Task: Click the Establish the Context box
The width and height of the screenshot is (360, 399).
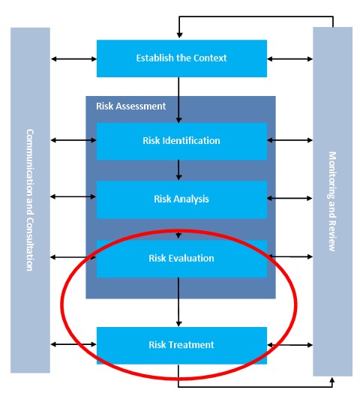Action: point(181,58)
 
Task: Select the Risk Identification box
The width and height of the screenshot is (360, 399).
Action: point(181,140)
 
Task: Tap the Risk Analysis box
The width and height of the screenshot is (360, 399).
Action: point(181,199)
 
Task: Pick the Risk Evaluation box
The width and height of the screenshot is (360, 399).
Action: point(181,258)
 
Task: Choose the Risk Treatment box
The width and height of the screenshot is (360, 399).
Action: point(181,345)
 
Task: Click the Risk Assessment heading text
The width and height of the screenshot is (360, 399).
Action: point(131,106)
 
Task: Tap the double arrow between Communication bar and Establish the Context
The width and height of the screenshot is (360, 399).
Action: point(73,58)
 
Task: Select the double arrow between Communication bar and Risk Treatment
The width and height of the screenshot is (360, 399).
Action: point(73,345)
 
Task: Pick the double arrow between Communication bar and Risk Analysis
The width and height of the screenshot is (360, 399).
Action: point(73,198)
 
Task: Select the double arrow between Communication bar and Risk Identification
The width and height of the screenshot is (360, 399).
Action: point(73,139)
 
